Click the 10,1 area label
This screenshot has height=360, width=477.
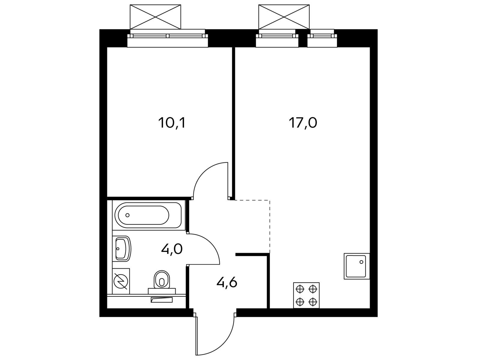[x=172, y=123]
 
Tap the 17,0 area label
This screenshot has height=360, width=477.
[x=303, y=123]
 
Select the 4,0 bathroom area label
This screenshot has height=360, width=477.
[x=172, y=249]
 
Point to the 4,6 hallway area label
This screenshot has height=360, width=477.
[x=227, y=283]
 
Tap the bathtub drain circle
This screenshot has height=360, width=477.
[x=127, y=215]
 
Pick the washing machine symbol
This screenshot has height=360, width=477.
[x=121, y=281]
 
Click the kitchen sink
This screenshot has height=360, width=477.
[x=357, y=266]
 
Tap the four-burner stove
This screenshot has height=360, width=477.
[x=306, y=295]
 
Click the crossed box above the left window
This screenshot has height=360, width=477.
[x=155, y=17]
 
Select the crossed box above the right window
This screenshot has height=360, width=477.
[x=284, y=17]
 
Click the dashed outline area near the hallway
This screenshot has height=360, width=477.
[x=270, y=226]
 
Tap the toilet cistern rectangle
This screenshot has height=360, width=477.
[x=162, y=291]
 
